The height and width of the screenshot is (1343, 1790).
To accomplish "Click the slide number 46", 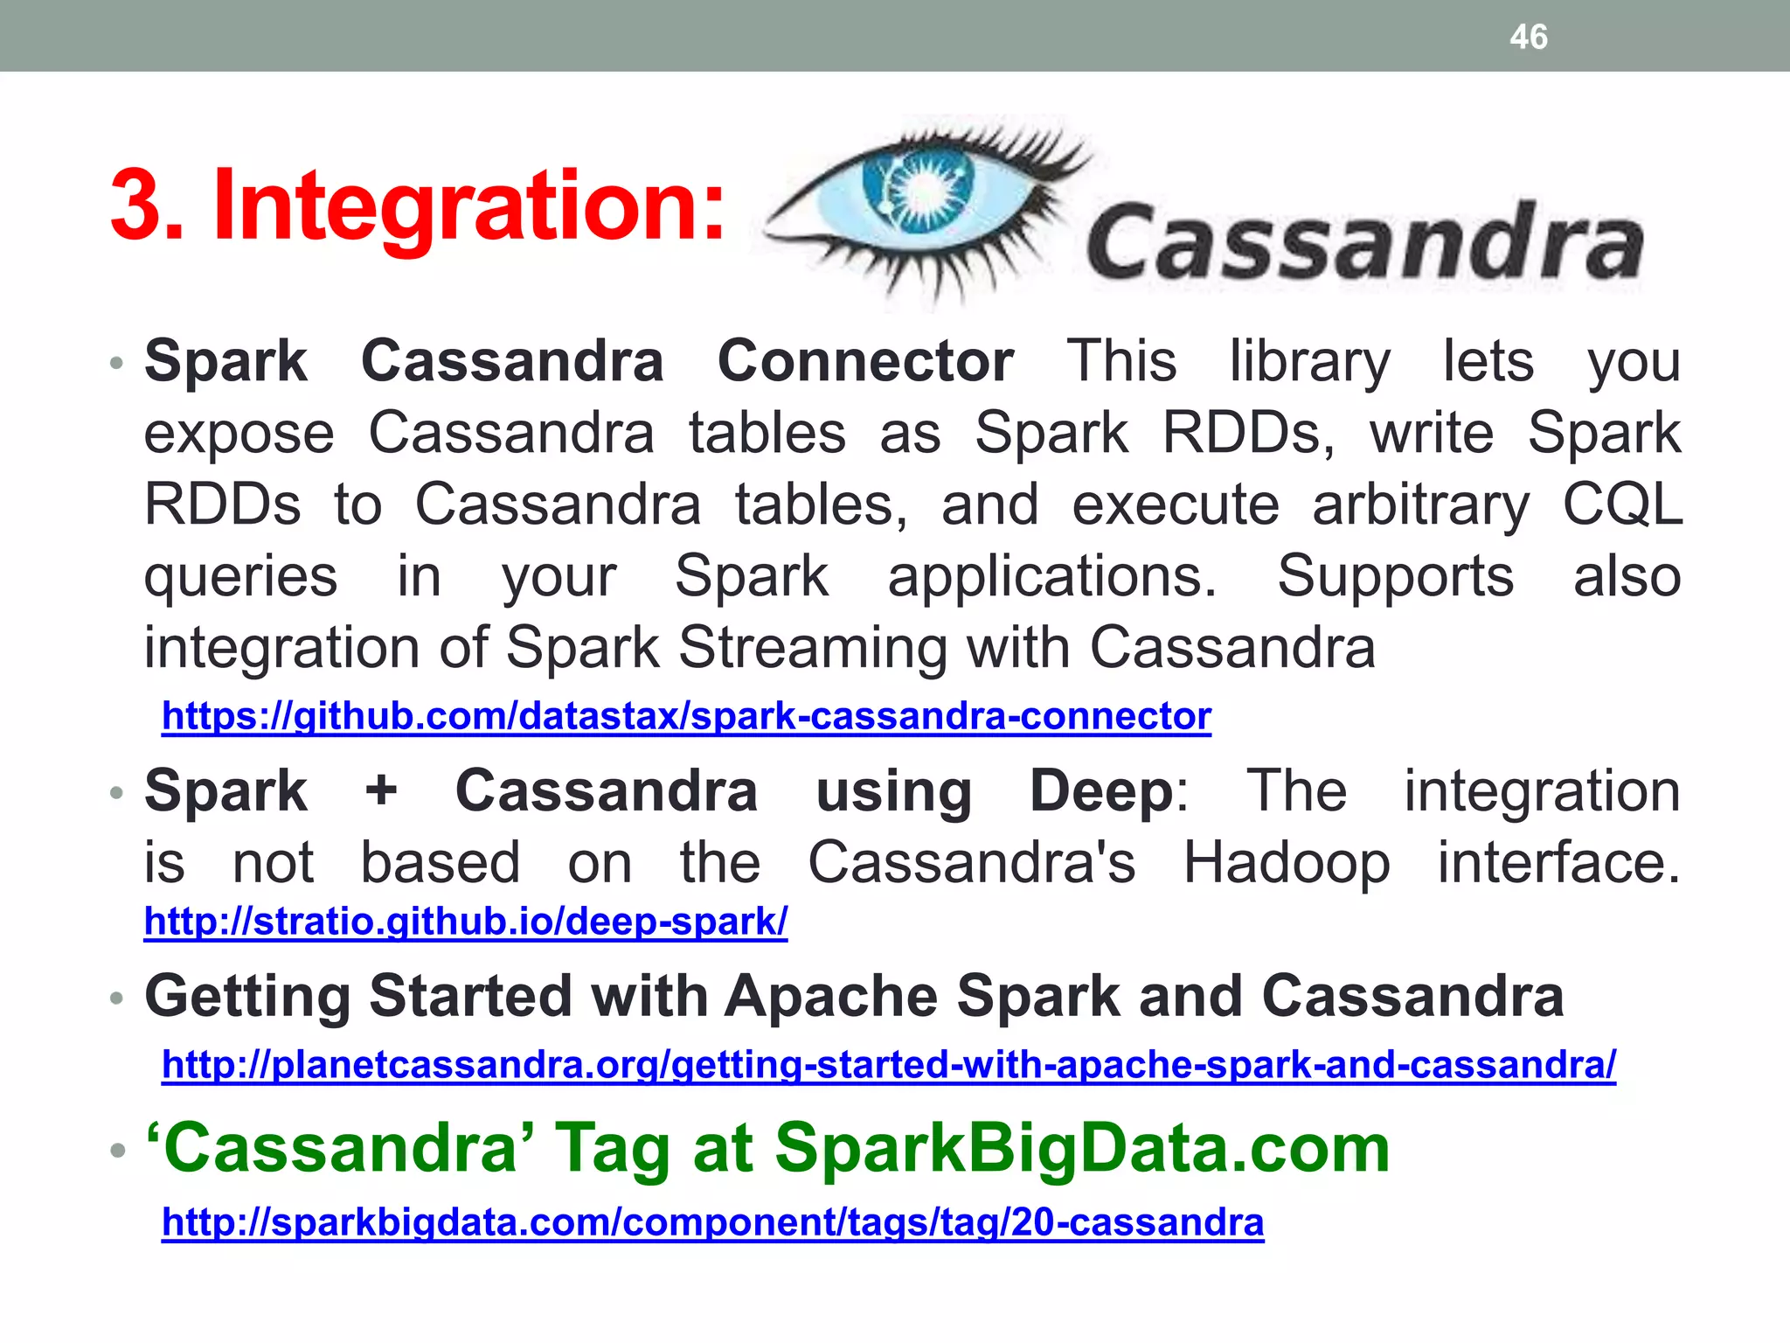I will coord(1528,38).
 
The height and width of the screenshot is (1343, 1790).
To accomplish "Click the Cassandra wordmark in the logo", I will coord(1364,242).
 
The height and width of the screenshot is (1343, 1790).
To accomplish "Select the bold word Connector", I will coord(865,361).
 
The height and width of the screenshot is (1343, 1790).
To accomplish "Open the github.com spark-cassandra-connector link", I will coord(686,716).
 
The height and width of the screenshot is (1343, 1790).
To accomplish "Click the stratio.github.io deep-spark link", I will coord(465,922).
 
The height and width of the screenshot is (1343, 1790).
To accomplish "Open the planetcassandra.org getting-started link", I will coord(888,1065).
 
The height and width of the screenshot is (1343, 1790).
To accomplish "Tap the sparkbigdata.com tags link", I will coord(712,1222).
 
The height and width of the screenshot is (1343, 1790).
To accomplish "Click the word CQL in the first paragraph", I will coord(1621,504).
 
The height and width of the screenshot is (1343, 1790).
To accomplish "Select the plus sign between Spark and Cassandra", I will coord(381,790).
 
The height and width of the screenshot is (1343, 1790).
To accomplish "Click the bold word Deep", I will coord(1101,790).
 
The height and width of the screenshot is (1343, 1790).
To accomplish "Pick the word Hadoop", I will coord(1286,863).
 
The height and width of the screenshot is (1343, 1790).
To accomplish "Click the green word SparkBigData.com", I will coord(1081,1148).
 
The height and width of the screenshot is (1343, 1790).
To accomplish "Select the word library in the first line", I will coord(1309,361).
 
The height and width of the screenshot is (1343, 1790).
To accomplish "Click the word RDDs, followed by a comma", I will coord(1247,433).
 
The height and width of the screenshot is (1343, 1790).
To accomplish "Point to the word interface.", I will coord(1558,863).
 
